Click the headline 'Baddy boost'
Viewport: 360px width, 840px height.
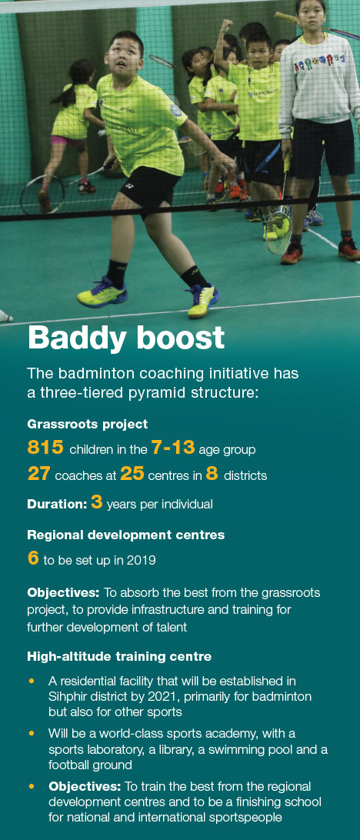coord(126,338)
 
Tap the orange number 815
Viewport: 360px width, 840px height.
coord(45,448)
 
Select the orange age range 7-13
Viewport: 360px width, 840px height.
coord(173,448)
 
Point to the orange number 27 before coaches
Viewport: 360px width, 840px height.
coord(39,474)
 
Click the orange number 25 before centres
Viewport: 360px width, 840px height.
coord(132,474)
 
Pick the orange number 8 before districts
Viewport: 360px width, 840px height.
coord(212,474)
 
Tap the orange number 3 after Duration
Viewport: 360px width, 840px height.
coord(96,504)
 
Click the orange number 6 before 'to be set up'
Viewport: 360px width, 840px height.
coord(33,558)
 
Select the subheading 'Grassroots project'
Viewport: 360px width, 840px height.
coord(88,425)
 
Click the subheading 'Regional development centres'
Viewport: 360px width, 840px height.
coord(126,535)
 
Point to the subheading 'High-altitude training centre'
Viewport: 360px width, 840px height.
coord(119,656)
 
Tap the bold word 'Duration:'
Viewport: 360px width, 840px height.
coord(58,504)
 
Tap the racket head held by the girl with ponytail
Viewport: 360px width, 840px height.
coord(42,195)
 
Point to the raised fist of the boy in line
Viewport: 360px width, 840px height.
coord(227,25)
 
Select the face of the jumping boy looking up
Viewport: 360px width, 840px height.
coord(125,54)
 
